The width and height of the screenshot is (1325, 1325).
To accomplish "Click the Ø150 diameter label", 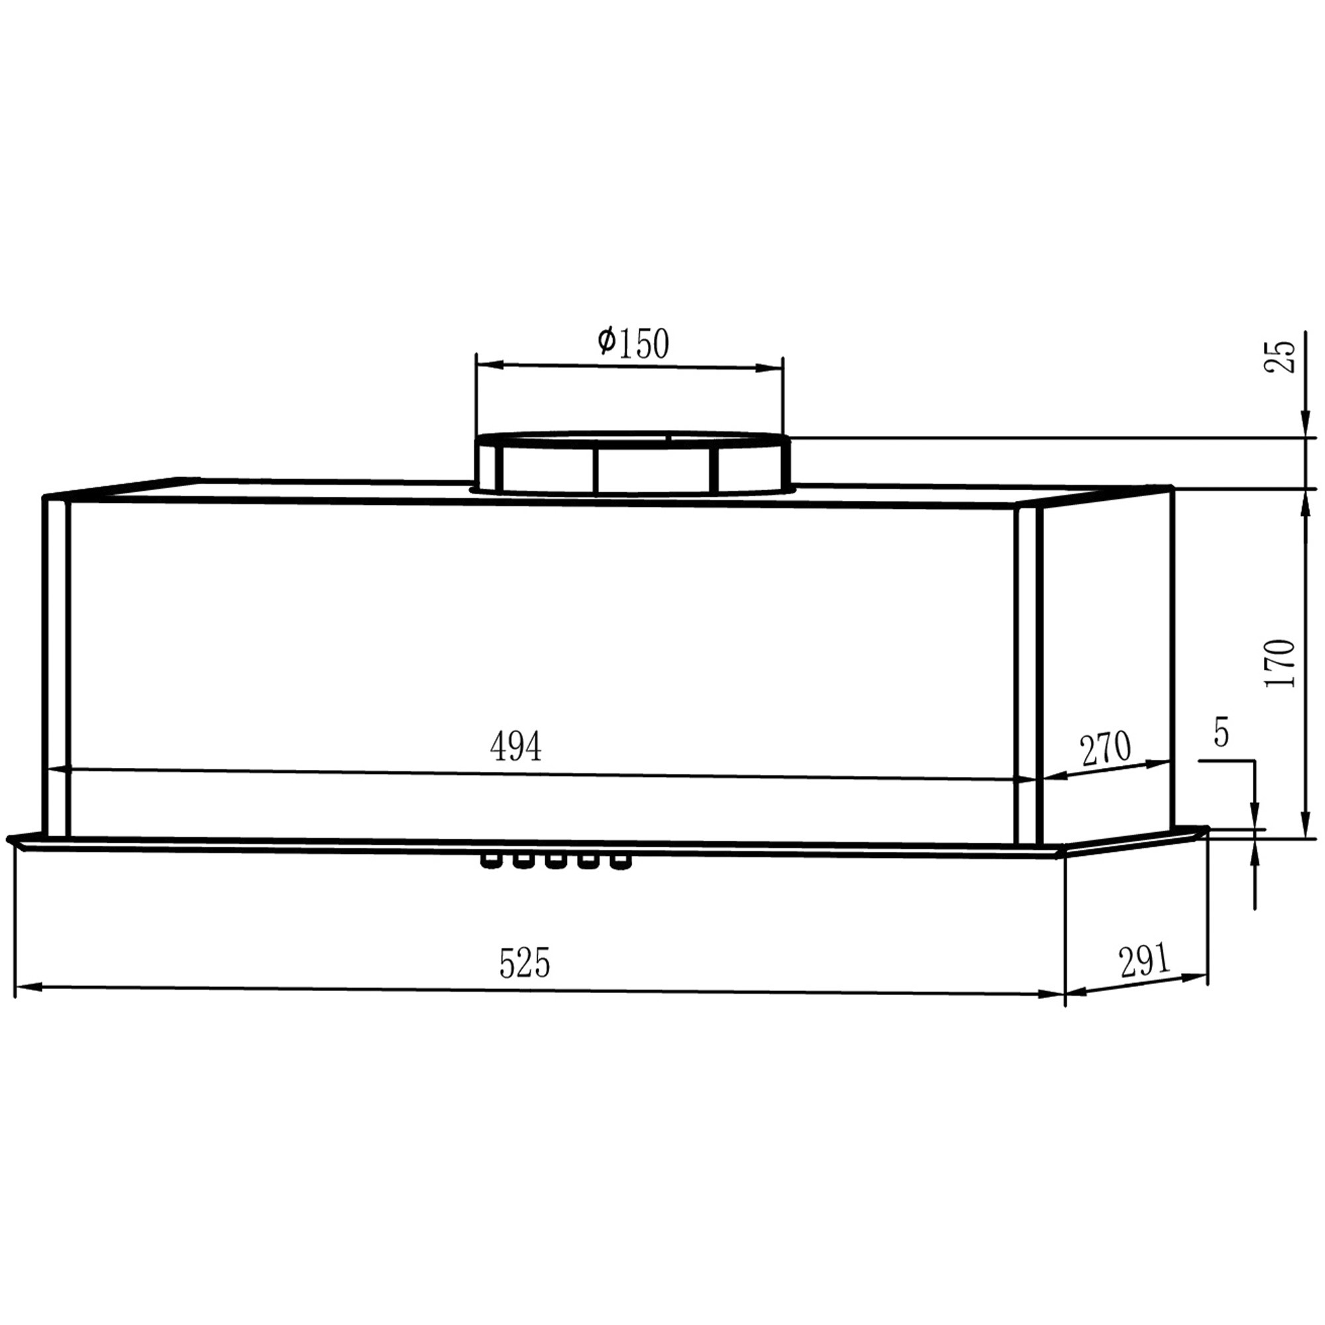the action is (x=632, y=343).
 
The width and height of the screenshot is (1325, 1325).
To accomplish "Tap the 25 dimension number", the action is (x=1280, y=356).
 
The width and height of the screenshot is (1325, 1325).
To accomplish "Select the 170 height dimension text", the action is (x=1280, y=663).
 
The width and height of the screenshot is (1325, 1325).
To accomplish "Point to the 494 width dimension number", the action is (x=515, y=747).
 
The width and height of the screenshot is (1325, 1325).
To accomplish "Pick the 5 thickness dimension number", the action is (x=1221, y=733).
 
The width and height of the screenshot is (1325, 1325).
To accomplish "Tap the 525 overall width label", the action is (x=525, y=963).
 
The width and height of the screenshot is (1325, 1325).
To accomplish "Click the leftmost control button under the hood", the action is (x=490, y=862).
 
